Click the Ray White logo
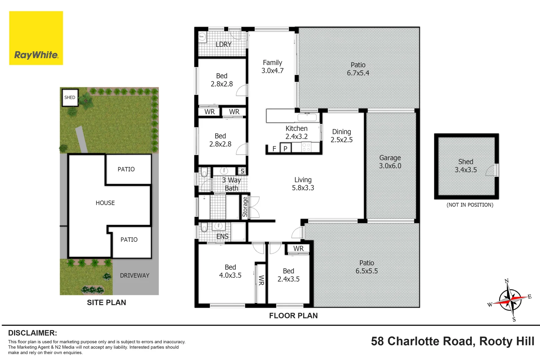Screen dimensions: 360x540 coord(36,38)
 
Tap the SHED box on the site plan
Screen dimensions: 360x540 coord(70,98)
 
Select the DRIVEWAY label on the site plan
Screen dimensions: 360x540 coord(134,275)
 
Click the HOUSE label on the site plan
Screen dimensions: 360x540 coord(105,203)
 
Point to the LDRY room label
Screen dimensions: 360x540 coord(223,44)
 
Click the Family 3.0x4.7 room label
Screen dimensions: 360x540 coord(272,67)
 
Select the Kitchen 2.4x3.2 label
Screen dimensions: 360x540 coord(296,132)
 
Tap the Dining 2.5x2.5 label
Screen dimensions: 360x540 coord(341,136)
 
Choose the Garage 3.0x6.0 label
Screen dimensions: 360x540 coord(390,162)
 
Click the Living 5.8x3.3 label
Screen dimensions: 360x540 coord(303,184)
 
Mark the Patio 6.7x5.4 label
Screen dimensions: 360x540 coord(358,69)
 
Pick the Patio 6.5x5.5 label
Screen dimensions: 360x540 coord(366,267)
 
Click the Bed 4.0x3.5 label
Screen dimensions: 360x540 coord(230,271)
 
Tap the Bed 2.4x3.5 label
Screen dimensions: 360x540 coord(288,275)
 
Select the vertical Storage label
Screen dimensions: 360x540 coord(245,207)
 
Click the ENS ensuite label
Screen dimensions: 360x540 coord(222,236)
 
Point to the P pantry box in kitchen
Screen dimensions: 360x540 coord(285,148)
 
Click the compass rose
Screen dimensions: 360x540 coord(510,299)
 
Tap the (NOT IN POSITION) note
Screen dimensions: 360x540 coord(470,205)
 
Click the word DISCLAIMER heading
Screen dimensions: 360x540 coord(32,333)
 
